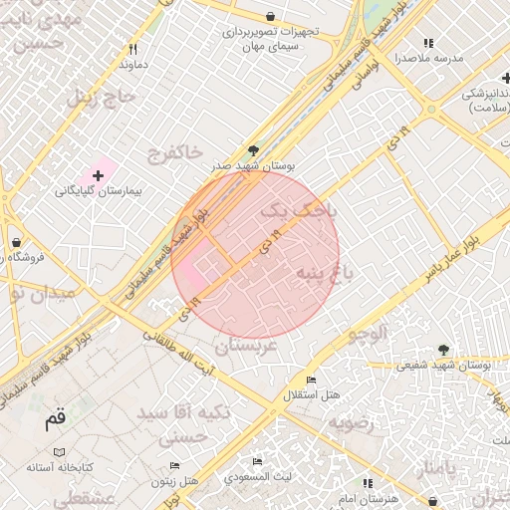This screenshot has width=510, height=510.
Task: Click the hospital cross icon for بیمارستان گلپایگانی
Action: (97, 175)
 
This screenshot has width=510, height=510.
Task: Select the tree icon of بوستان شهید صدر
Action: (254, 150)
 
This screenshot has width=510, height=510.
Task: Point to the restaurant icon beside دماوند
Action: (133, 48)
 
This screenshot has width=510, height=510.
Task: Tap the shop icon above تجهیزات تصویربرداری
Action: (271, 16)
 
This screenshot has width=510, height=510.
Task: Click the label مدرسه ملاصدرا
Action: (428, 59)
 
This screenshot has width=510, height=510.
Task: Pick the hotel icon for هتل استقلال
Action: (312, 380)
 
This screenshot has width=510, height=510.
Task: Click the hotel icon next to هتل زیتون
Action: (175, 465)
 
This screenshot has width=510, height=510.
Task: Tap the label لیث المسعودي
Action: (257, 477)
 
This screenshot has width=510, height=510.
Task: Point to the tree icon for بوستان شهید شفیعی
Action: (443, 350)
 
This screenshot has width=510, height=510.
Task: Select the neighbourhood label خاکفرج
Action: (173, 152)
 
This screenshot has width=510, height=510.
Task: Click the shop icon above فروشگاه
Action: (16, 242)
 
